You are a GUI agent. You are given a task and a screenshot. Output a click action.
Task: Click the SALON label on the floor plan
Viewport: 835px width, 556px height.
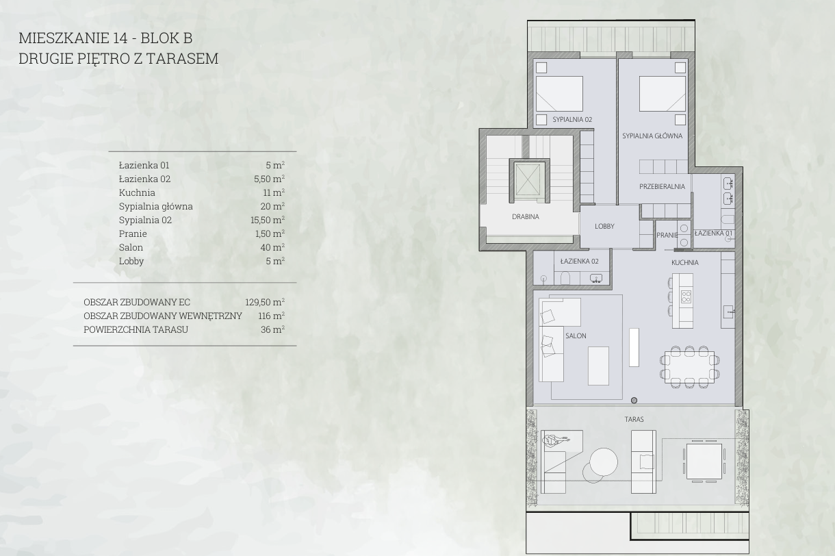click(x=576, y=336)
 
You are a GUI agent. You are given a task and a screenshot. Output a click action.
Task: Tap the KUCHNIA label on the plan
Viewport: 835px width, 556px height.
click(x=685, y=262)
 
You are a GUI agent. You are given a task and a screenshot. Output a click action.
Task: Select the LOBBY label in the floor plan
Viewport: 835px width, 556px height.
click(x=604, y=226)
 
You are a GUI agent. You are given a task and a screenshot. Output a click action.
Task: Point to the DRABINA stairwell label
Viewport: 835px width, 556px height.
click(x=525, y=216)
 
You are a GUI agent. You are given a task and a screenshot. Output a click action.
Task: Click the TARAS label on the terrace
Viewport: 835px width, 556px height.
click(x=634, y=419)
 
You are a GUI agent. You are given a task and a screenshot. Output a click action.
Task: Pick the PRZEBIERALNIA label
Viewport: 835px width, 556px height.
click(x=662, y=186)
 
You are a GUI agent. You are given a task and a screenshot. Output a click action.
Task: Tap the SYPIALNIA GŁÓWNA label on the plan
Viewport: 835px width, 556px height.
click(x=652, y=136)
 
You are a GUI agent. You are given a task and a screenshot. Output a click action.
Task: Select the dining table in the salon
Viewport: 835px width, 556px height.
click(x=690, y=368)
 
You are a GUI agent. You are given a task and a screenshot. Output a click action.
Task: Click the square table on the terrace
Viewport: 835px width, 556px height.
click(x=704, y=462)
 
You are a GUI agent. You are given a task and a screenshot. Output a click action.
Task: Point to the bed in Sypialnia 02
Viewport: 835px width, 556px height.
click(x=559, y=94)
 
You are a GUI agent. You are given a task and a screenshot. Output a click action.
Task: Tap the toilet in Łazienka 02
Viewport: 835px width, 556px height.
click(x=565, y=278)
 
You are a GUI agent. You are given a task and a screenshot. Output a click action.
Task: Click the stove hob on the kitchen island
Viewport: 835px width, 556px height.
click(x=686, y=296)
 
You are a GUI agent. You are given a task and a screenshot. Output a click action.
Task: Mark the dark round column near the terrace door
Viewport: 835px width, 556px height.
click(x=634, y=401)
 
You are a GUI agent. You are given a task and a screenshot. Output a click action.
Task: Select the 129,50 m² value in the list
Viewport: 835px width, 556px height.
click(x=265, y=302)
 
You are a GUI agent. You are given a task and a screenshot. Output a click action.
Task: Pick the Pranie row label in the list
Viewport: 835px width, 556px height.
click(x=133, y=233)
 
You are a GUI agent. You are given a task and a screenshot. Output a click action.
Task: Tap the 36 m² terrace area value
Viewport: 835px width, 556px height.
click(x=273, y=329)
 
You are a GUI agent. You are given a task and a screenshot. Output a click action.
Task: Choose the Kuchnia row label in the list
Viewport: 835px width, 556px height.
click(x=137, y=192)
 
